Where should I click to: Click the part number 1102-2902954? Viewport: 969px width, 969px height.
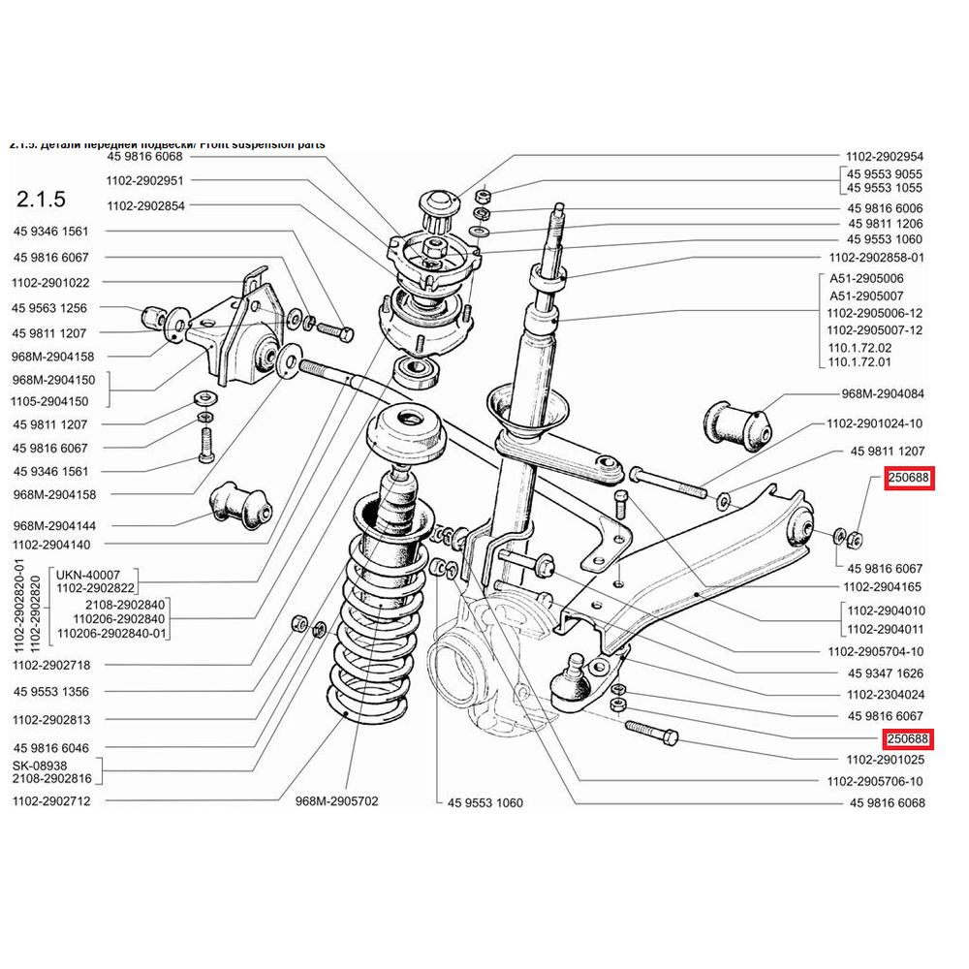coord(885,155)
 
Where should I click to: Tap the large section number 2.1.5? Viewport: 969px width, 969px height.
coord(42,201)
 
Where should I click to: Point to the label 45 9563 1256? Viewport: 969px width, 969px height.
coord(50,308)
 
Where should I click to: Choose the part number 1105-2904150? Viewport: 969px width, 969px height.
coord(50,401)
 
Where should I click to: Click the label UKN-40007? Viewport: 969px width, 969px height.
coord(89,574)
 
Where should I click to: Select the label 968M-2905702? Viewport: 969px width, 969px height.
coord(336,801)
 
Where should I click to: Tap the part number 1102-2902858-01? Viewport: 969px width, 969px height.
coord(875,258)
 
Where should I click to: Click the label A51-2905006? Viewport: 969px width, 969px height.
coord(876,278)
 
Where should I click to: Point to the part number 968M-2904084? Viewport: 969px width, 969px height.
coord(883,394)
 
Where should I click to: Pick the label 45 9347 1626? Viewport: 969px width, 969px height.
coord(885,672)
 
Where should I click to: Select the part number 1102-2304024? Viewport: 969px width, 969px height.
coord(885,695)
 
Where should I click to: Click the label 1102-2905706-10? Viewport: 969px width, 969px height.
coord(875,781)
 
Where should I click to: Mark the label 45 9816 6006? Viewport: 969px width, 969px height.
coord(885,208)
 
